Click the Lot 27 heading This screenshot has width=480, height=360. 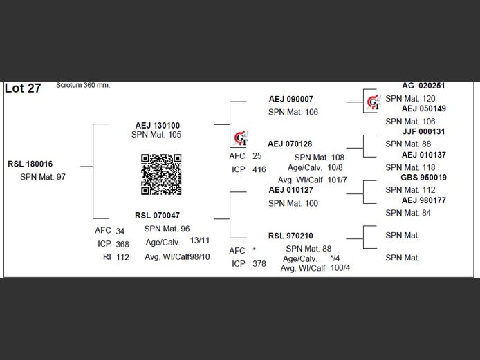click(x=23, y=88)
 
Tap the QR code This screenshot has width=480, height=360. click(x=161, y=174)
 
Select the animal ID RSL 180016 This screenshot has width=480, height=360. click(x=30, y=164)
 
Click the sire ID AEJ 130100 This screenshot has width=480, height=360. click(x=157, y=125)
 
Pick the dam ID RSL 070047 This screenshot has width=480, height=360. click(x=157, y=216)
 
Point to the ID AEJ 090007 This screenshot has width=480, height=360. click(x=290, y=100)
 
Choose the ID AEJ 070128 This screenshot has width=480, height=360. click(x=290, y=144)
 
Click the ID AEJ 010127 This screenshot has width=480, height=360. click(x=290, y=190)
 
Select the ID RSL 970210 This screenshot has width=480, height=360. click(x=290, y=236)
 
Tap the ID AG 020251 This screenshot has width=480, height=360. click(x=423, y=86)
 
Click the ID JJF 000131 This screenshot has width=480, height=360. click(x=423, y=132)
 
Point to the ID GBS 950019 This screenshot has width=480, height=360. click(x=423, y=178)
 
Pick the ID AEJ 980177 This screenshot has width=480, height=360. click(x=423, y=200)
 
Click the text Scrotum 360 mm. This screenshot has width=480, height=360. click(x=83, y=85)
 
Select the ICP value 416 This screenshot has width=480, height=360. click(x=259, y=169)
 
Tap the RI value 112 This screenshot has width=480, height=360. click(x=122, y=257)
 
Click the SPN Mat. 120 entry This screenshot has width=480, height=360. click(x=410, y=99)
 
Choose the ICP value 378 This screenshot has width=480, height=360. click(x=259, y=263)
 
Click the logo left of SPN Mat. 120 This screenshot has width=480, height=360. click(x=373, y=102)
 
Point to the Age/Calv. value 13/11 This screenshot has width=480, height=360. click(x=200, y=240)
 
